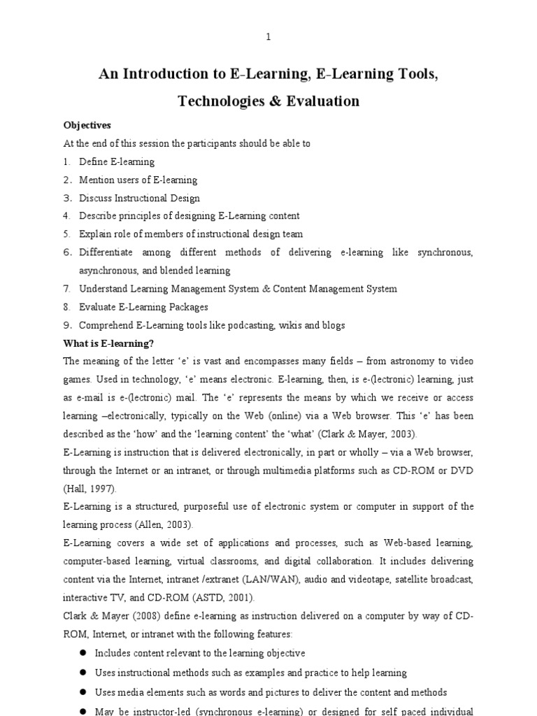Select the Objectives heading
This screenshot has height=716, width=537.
(87, 126)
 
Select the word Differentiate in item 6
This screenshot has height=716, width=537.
(105, 252)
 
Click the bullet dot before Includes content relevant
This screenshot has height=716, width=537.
(82, 653)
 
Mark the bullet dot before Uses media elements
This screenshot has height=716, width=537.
(82, 692)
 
